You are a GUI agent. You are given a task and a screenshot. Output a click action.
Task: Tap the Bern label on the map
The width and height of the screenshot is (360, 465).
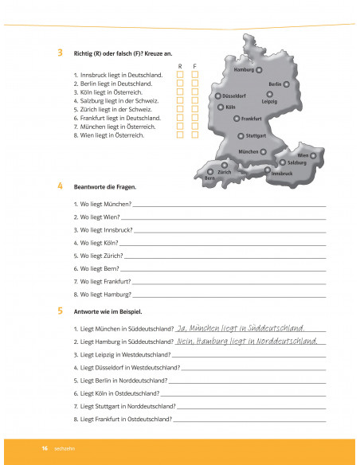coord(209,178)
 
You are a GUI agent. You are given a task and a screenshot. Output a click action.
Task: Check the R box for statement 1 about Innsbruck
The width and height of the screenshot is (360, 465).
coord(180,75)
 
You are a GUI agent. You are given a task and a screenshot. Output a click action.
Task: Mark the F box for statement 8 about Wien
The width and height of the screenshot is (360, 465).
coord(194,135)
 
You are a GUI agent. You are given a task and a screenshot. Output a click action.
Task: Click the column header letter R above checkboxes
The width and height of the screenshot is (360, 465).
coord(180,66)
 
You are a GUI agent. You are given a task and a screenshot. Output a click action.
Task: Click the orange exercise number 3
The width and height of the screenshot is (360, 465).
coord(61,53)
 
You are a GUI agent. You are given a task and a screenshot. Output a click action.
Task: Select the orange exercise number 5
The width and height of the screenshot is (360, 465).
coord(61,311)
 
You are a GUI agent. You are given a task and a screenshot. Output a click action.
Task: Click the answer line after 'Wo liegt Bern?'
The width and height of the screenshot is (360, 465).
coord(223,270)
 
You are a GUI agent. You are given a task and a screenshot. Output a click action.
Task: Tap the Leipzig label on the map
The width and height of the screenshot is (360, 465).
coord(268,101)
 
